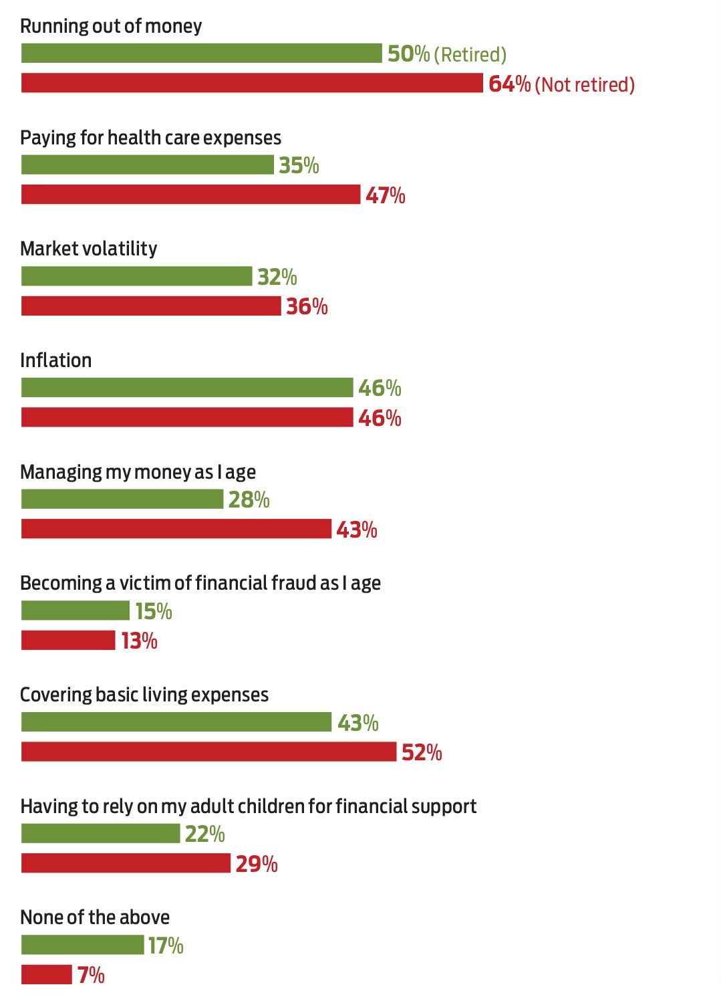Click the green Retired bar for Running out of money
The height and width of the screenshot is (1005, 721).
(x=201, y=53)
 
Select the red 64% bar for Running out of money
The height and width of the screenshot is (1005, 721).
(x=252, y=83)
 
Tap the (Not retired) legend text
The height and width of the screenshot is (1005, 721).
(x=585, y=85)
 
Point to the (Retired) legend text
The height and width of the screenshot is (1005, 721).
(x=470, y=55)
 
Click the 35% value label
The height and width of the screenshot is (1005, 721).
(x=299, y=165)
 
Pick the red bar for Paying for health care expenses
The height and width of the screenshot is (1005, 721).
(x=190, y=195)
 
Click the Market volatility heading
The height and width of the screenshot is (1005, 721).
(x=89, y=249)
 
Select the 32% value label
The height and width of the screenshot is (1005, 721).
(x=277, y=277)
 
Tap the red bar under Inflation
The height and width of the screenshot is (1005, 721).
(x=187, y=417)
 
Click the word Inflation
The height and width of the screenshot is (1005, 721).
(x=56, y=360)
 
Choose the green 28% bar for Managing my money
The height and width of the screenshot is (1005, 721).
(x=122, y=499)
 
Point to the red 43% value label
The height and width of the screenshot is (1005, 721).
(x=357, y=530)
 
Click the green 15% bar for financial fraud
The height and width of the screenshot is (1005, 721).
(x=76, y=610)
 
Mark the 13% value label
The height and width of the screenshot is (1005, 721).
(x=139, y=641)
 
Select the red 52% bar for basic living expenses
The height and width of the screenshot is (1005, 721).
(x=208, y=752)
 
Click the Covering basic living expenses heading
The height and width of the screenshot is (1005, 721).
(x=144, y=695)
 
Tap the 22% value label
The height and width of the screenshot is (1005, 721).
(x=205, y=834)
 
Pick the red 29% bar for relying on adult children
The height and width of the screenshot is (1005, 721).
(x=126, y=863)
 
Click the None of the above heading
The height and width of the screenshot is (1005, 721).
(x=95, y=917)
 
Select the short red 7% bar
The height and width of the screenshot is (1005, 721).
(x=46, y=974)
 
